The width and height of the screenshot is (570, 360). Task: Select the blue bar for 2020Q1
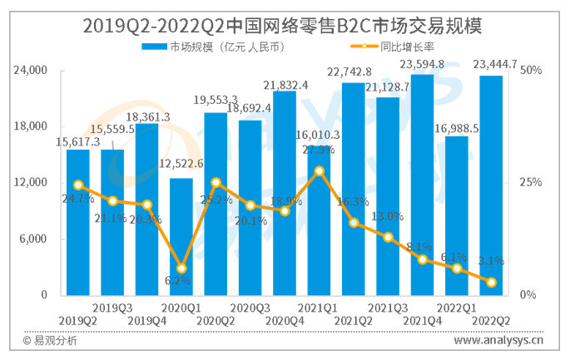[x=181, y=237]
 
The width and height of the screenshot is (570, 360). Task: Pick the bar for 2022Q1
[x=457, y=215]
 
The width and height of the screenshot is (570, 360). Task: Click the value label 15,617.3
[x=77, y=142]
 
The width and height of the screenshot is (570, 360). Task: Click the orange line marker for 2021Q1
[x=320, y=171]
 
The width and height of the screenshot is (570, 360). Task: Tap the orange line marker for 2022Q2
[x=492, y=283]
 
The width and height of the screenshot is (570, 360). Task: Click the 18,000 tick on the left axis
[x=31, y=127]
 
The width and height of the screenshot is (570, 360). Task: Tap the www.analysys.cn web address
[x=498, y=339]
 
